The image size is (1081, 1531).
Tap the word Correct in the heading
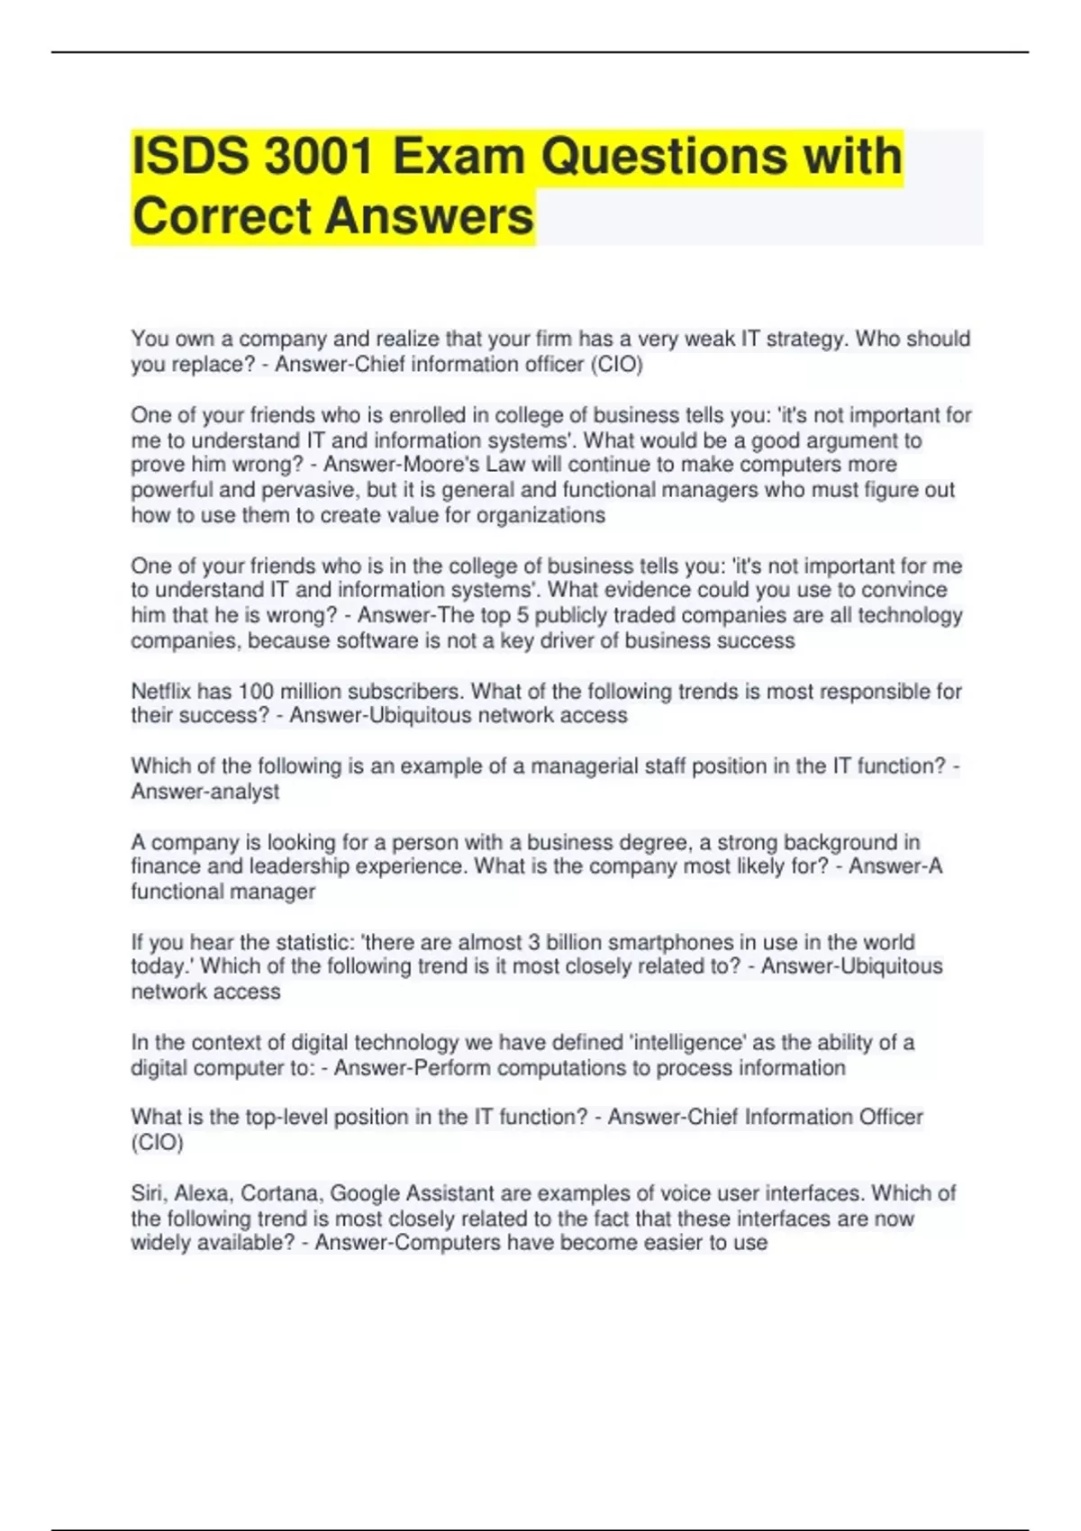222,217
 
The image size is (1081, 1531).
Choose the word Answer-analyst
205,792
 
